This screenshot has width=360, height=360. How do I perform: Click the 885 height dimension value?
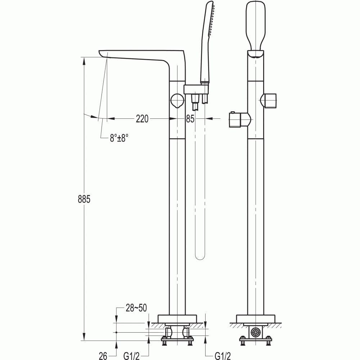click(x=84, y=199)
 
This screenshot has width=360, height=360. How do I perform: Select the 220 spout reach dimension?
click(x=142, y=118)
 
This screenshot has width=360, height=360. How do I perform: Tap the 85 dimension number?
click(x=190, y=118)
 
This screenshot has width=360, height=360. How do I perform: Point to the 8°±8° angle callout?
click(x=119, y=138)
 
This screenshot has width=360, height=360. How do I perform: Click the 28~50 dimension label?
click(x=136, y=308)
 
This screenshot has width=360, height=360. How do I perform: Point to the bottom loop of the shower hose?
click(x=199, y=256)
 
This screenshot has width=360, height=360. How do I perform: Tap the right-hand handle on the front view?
click(x=270, y=100)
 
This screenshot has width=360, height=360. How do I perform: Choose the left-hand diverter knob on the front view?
click(x=238, y=120)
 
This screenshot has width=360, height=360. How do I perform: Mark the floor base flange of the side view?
click(x=177, y=318)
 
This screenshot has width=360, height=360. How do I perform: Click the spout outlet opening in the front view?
click(x=256, y=55)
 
